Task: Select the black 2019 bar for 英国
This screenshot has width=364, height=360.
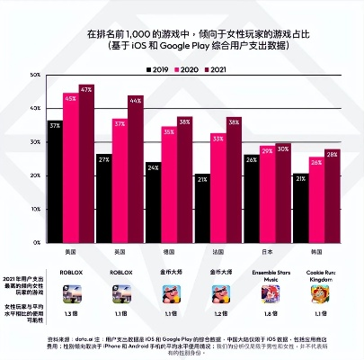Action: coord(103,198)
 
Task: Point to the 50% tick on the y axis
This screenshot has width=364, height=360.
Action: coord(35,74)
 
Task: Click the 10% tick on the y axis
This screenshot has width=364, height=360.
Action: coord(35,208)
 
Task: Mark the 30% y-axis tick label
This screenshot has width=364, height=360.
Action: coord(35,141)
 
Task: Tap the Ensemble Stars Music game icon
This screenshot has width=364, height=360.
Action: coord(266,292)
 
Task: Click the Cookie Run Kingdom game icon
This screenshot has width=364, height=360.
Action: coord(315,292)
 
